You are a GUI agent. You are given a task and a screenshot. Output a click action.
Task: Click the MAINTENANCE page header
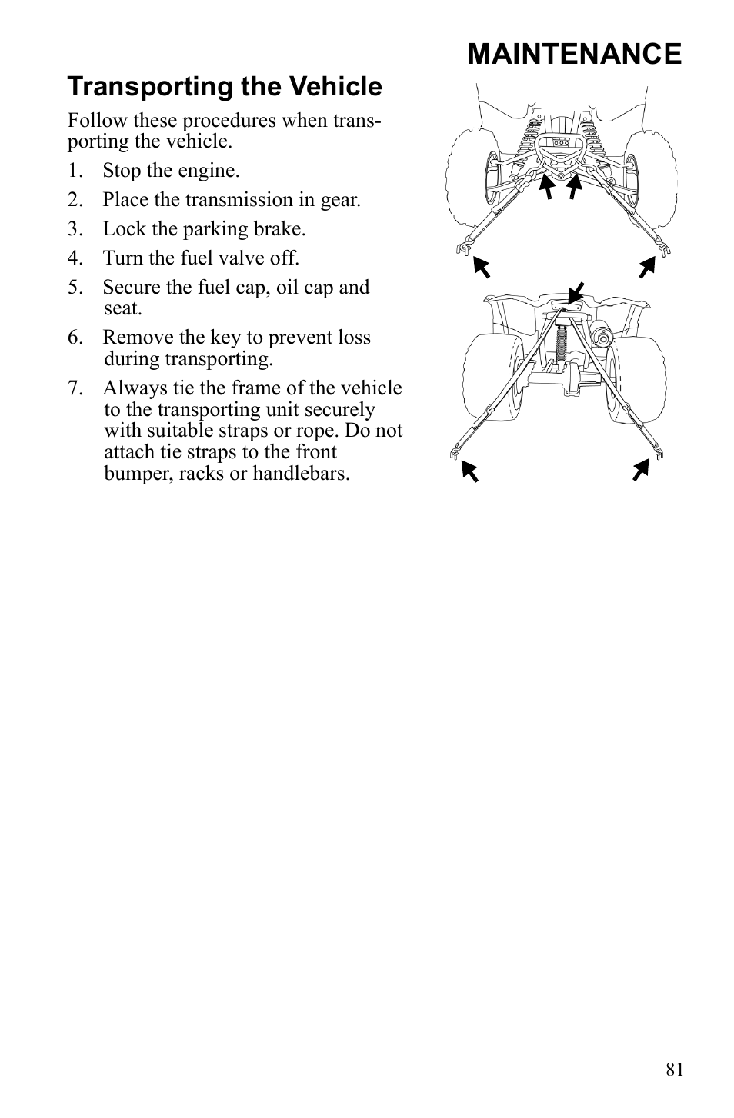coord(573,54)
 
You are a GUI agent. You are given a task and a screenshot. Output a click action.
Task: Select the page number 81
coord(675,1070)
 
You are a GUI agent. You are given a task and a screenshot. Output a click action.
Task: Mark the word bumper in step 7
coord(137,473)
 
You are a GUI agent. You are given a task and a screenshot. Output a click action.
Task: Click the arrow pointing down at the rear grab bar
coord(576,293)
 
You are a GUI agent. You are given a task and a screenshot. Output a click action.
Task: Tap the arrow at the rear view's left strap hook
coord(469,470)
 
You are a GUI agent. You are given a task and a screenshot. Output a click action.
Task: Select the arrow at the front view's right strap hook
coord(646,268)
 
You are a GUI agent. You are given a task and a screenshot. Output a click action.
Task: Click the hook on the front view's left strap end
coord(463,247)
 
